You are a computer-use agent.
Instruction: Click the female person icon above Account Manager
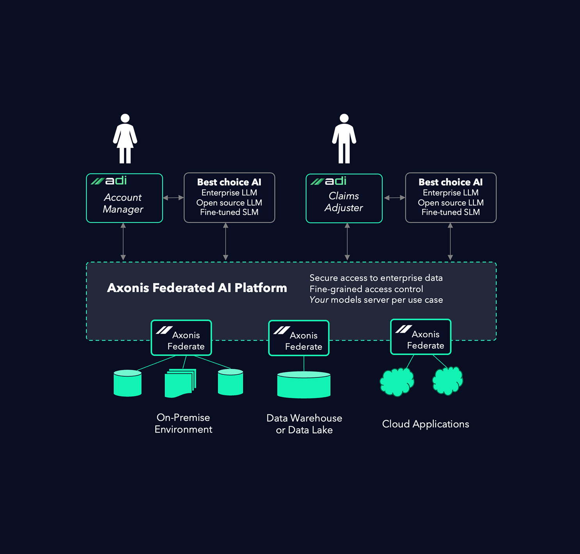click(x=125, y=139)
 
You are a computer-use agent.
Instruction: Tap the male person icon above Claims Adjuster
click(x=344, y=139)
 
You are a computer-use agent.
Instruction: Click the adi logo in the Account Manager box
click(x=109, y=180)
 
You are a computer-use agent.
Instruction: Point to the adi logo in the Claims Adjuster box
click(x=329, y=181)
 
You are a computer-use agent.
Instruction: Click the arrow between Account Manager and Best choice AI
click(x=173, y=198)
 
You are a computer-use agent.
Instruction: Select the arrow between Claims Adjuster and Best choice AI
click(x=394, y=198)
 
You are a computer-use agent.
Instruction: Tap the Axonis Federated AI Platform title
click(x=197, y=288)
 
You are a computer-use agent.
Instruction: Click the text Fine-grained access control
click(x=366, y=289)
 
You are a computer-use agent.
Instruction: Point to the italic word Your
click(x=319, y=300)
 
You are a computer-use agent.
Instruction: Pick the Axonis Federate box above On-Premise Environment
click(x=181, y=338)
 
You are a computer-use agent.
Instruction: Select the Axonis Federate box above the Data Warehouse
click(x=299, y=338)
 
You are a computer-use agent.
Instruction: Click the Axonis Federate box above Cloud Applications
click(x=421, y=337)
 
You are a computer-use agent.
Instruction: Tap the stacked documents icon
click(x=180, y=383)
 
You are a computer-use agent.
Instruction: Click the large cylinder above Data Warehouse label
click(x=304, y=385)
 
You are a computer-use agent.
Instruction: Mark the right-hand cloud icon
click(x=447, y=381)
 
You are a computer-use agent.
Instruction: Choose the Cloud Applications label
click(x=425, y=424)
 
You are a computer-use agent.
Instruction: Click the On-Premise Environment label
click(x=183, y=424)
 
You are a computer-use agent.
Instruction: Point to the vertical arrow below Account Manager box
click(x=123, y=241)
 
